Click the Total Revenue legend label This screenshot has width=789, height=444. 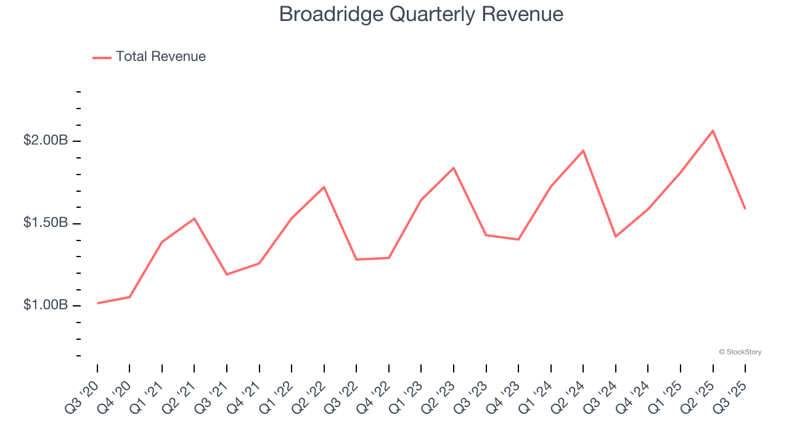tap(160, 57)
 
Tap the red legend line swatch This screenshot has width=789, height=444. tap(102, 57)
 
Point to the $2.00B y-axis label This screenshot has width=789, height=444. tap(46, 141)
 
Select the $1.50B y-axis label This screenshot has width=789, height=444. tap(46, 223)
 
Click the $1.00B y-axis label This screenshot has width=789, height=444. tap(46, 305)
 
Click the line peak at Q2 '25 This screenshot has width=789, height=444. tap(713, 131)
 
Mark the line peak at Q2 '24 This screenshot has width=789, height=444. tap(583, 150)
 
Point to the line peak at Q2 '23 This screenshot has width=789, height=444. tap(454, 168)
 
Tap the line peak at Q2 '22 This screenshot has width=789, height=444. tap(324, 187)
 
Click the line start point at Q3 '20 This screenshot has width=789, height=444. tap(97, 303)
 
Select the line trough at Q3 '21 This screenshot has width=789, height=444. tap(227, 274)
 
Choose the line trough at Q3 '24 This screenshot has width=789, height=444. tap(615, 237)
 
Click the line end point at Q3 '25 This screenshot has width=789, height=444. tap(745, 208)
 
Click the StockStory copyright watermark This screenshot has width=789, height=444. tap(740, 352)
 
